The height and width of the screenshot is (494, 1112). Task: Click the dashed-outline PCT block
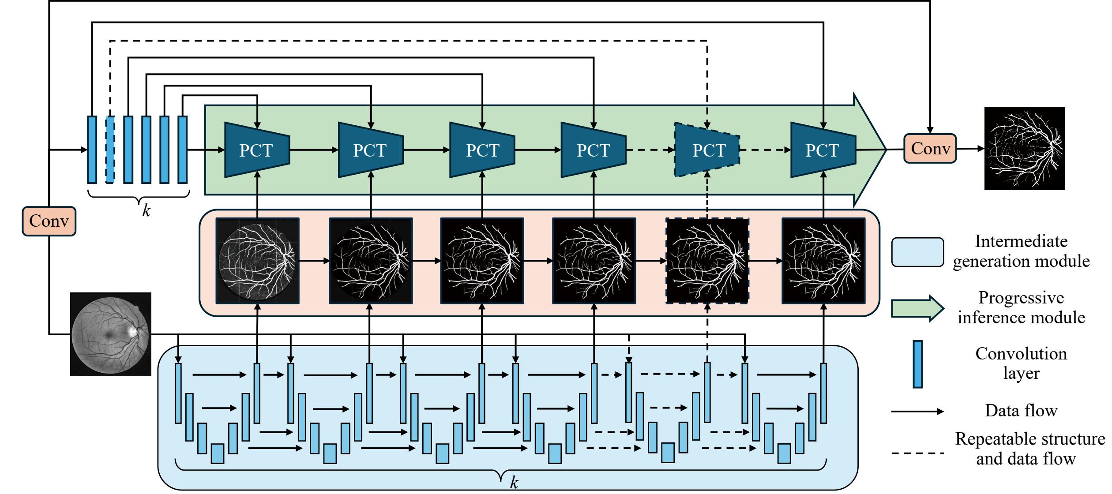coord(707,150)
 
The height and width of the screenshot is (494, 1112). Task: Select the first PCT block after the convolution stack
coord(257,150)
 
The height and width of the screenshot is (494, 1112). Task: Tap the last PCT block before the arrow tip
coord(823,150)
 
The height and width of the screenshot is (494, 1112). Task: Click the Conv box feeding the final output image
coord(930,149)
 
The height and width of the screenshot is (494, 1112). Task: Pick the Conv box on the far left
coord(49,221)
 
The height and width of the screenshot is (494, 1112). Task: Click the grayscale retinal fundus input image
coord(111,334)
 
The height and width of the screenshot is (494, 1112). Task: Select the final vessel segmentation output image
coord(1025,148)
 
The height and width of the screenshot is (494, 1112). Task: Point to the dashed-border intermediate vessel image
coord(707,261)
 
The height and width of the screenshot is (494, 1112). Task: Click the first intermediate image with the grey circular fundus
coord(257,261)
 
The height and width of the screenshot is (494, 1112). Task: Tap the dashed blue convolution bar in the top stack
coord(110,150)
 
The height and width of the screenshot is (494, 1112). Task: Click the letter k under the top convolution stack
coord(146,211)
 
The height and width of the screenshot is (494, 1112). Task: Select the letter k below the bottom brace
coord(514,483)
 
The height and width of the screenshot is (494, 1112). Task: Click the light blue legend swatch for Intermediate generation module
coord(918,252)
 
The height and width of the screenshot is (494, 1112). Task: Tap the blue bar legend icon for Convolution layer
coord(918,364)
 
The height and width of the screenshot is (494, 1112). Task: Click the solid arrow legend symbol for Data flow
coord(918,412)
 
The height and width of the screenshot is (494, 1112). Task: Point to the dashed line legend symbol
coord(918,453)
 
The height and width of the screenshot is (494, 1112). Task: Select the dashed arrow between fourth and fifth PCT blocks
coord(650,150)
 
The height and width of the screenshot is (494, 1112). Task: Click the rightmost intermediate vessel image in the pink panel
coord(823,261)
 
